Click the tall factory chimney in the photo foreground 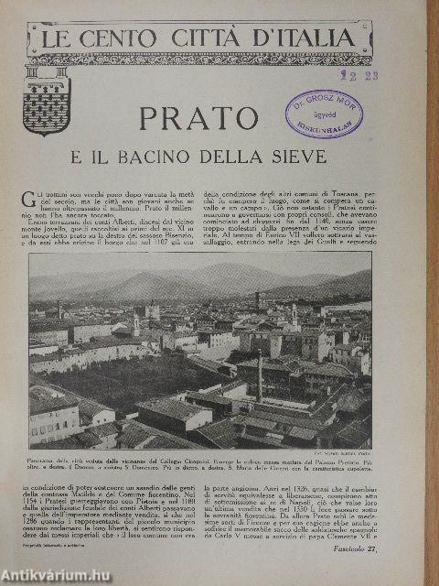click(260, 375)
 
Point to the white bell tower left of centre click(136, 322)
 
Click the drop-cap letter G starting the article click(27, 198)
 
